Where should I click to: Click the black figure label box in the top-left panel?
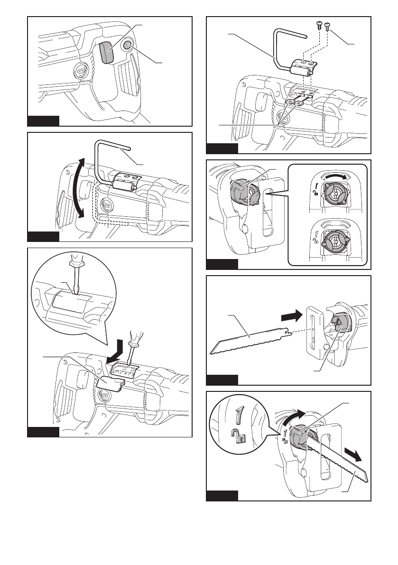43,120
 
